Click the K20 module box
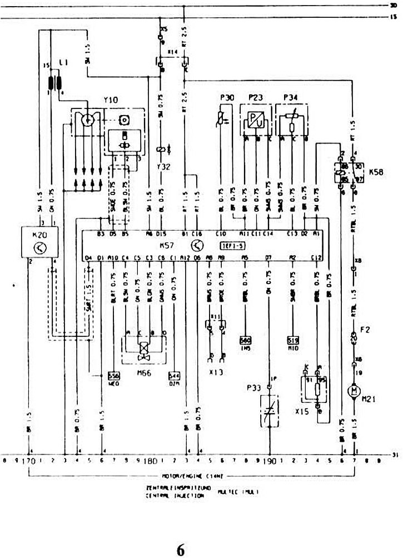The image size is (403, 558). click(x=40, y=242)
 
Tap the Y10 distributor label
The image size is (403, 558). click(x=111, y=100)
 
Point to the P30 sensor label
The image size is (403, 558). click(x=227, y=98)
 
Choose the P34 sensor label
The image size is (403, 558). click(x=291, y=98)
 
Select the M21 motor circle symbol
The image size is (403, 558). click(x=352, y=391)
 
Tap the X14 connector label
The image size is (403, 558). click(x=173, y=51)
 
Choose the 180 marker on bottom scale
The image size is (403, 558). click(x=149, y=461)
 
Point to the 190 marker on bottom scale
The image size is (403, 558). click(x=270, y=461)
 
